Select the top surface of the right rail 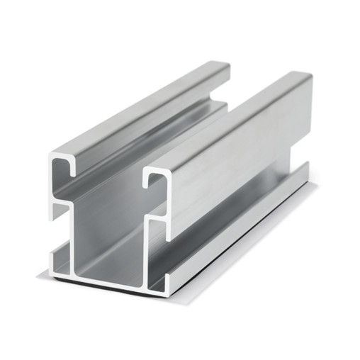[x=227, y=120]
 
